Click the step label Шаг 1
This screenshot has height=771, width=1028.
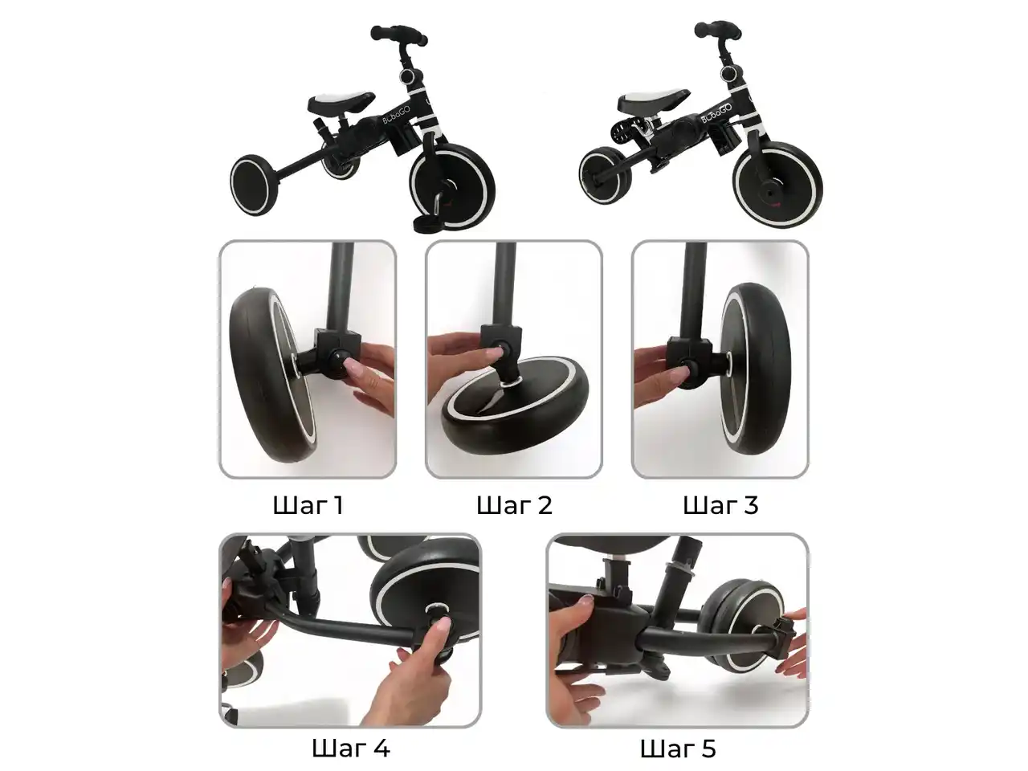tap(308, 506)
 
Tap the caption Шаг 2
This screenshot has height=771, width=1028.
tap(514, 506)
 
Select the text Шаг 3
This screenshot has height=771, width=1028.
tap(720, 506)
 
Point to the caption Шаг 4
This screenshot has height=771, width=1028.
tap(351, 748)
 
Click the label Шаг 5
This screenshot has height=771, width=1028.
tap(678, 748)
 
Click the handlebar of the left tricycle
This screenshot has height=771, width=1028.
tap(398, 35)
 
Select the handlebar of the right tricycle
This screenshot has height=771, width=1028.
tap(717, 30)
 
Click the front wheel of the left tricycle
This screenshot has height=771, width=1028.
tap(452, 187)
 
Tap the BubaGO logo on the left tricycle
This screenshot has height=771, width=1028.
tap(396, 112)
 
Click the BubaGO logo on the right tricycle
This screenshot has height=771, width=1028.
tap(716, 111)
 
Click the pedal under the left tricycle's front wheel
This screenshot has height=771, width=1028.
tap(430, 222)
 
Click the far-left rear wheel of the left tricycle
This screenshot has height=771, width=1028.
tap(252, 185)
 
